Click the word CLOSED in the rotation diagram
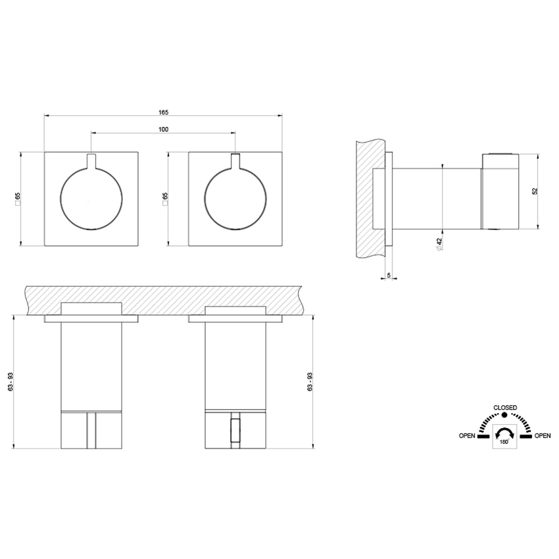tap(504, 407)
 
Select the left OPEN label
tap(468, 436)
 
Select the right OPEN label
tap(543, 436)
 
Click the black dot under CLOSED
tap(504, 416)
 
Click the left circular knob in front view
tap(91, 198)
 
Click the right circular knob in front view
tap(235, 198)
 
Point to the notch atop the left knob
tap(91, 160)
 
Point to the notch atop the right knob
tap(235, 160)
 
